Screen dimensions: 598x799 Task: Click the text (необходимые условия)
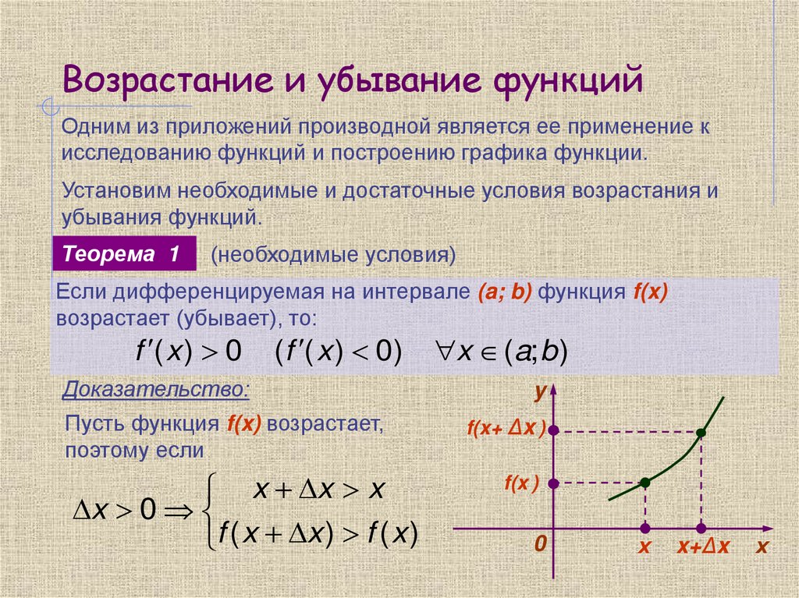pyautogui.click(x=332, y=255)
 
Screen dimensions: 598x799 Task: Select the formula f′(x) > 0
pyautogui.click(x=188, y=352)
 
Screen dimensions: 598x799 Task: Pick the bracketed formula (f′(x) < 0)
pyautogui.click(x=338, y=352)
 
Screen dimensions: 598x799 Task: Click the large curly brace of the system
pyautogui.click(x=208, y=511)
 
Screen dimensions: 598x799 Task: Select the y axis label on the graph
pyautogui.click(x=539, y=393)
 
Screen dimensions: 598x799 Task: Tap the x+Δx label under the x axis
pyautogui.click(x=703, y=547)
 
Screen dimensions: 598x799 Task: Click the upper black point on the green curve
pyautogui.click(x=701, y=432)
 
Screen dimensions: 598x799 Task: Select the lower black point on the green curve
pyautogui.click(x=645, y=483)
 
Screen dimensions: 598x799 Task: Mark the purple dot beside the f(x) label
pyautogui.click(x=553, y=483)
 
